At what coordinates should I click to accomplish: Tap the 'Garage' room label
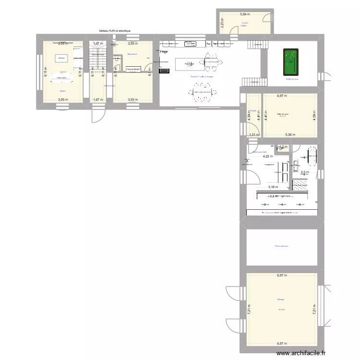pyautogui.click(x=280, y=300)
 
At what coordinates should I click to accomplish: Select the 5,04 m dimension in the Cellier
pyautogui.click(x=244, y=14)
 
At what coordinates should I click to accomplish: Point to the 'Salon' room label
pyautogui.click(x=63, y=91)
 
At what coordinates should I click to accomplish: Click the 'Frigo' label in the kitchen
pyautogui.click(x=164, y=52)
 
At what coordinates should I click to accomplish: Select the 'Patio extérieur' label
pyautogui.click(x=282, y=247)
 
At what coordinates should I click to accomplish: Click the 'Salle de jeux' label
pyautogui.click(x=292, y=79)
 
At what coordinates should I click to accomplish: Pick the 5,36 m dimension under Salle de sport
pyautogui.click(x=290, y=135)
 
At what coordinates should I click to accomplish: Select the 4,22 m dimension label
pyautogui.click(x=267, y=156)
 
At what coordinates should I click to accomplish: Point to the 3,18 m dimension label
pyautogui.click(x=273, y=187)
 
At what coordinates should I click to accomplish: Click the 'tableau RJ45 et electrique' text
pyautogui.click(x=115, y=31)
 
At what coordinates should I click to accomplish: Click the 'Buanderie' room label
pyautogui.click(x=132, y=54)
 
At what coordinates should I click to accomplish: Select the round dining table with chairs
pyautogui.click(x=200, y=92)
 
